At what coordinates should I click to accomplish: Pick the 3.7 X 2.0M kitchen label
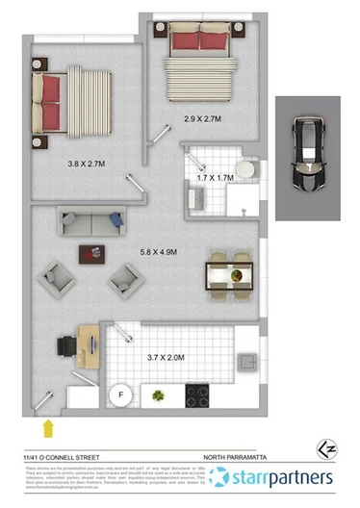(163, 358)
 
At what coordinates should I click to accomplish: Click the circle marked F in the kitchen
(122, 393)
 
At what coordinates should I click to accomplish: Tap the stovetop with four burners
(197, 394)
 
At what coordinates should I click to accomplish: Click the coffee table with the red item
(94, 255)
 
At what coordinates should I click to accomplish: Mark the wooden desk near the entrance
(88, 344)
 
